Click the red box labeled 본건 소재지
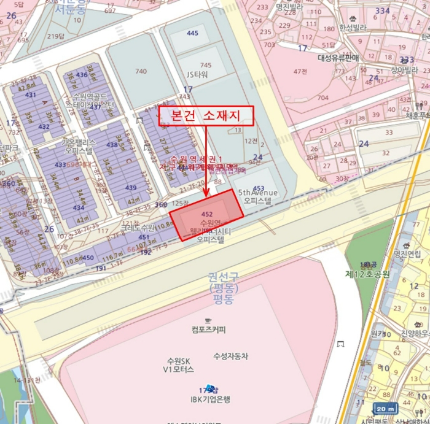click(206, 116)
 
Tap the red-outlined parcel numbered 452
click(206, 216)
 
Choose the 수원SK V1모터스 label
click(179, 365)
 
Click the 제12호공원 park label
click(367, 274)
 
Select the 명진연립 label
click(407, 253)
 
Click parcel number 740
click(141, 71)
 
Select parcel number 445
click(193, 33)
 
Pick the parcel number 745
click(205, 65)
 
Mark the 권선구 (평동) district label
click(221, 288)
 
